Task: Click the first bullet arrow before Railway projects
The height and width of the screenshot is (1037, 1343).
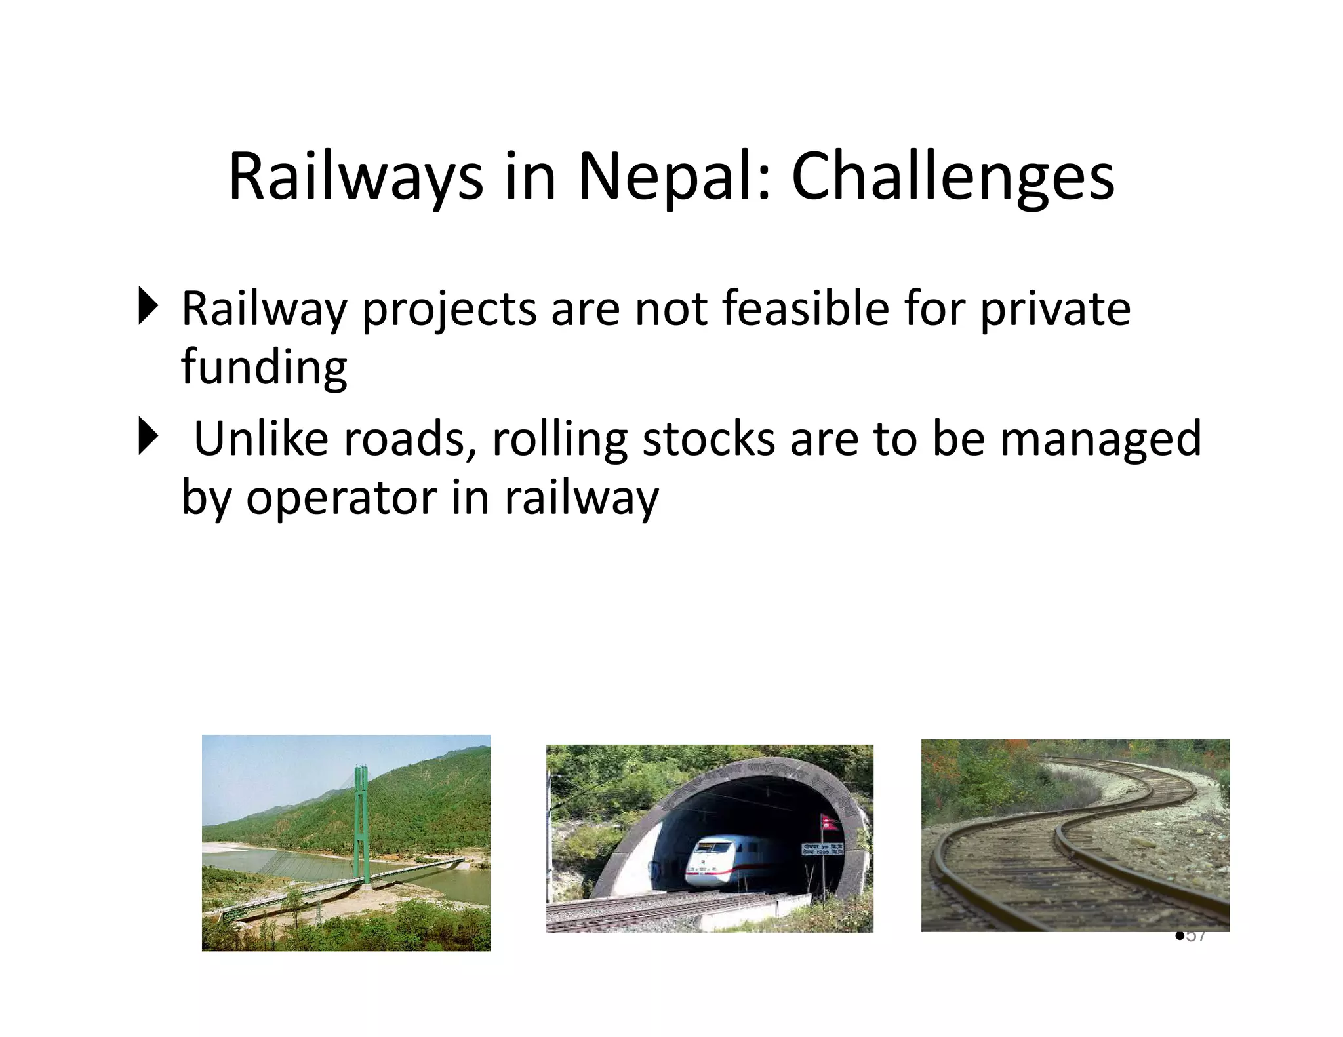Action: pos(148,306)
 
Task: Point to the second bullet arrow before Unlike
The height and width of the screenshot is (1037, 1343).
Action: pos(148,437)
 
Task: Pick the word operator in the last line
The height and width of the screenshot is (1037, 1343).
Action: pos(341,498)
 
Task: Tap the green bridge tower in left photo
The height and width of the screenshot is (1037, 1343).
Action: pos(360,819)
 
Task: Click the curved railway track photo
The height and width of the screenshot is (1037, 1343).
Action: pos(1075,835)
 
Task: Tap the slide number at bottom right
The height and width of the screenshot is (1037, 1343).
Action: pos(1194,936)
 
